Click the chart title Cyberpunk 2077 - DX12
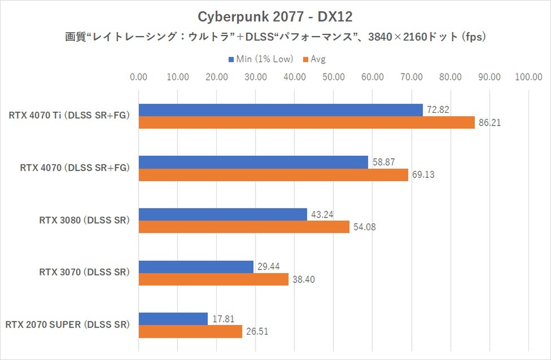point(275,14)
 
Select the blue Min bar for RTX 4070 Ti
point(281,110)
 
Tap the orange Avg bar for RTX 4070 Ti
point(307,122)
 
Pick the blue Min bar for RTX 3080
point(222,214)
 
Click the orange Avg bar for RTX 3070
point(213,279)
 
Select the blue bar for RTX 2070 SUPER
point(173,319)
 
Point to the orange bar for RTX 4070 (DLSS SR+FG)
point(273,175)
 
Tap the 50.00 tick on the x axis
point(334,77)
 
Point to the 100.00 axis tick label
point(528,77)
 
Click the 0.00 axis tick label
point(138,77)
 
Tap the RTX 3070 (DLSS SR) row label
point(85,273)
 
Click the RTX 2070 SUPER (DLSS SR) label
point(68,325)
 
